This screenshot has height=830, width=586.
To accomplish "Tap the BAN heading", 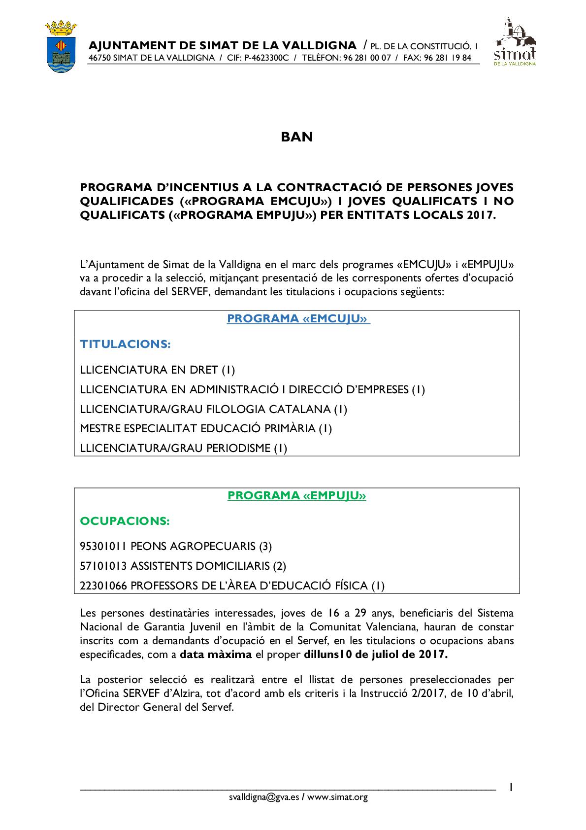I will point(297,137).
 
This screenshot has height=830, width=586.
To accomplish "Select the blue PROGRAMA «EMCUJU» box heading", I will point(297,319).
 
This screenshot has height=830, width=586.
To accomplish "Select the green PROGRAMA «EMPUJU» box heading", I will point(297,495).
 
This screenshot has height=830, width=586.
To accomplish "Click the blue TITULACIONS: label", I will point(125,344).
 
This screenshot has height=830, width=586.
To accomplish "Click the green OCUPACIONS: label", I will point(125,520).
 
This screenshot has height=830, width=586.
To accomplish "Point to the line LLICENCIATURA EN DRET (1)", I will point(158,369).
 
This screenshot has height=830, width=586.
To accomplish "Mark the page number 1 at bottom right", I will point(512,788).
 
